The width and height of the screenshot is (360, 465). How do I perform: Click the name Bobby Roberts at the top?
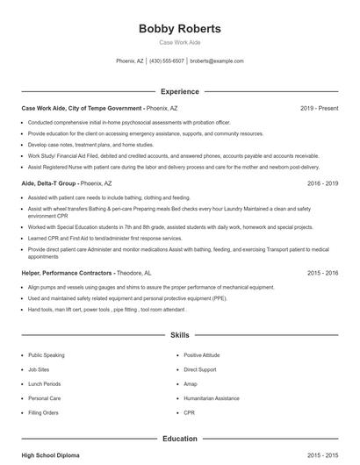(179, 29)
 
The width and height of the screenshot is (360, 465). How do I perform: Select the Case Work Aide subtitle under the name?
(179, 42)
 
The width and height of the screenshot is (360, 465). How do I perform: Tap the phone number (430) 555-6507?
(167, 61)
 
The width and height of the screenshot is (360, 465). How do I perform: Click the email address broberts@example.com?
(217, 61)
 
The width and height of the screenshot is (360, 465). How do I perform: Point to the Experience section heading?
(179, 91)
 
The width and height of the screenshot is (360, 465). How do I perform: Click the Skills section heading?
(179, 335)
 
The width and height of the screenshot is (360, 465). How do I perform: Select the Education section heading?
(179, 438)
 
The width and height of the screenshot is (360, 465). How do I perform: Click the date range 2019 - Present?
(319, 108)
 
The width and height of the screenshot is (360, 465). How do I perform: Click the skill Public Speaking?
(47, 355)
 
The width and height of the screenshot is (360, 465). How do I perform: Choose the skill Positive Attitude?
(203, 355)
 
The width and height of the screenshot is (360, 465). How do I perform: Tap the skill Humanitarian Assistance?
(212, 397)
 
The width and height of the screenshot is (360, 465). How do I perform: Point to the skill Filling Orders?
(43, 411)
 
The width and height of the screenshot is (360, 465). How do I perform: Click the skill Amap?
(191, 383)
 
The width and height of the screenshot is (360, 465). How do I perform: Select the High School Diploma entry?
(52, 456)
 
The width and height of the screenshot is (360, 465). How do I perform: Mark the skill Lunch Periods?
(44, 383)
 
